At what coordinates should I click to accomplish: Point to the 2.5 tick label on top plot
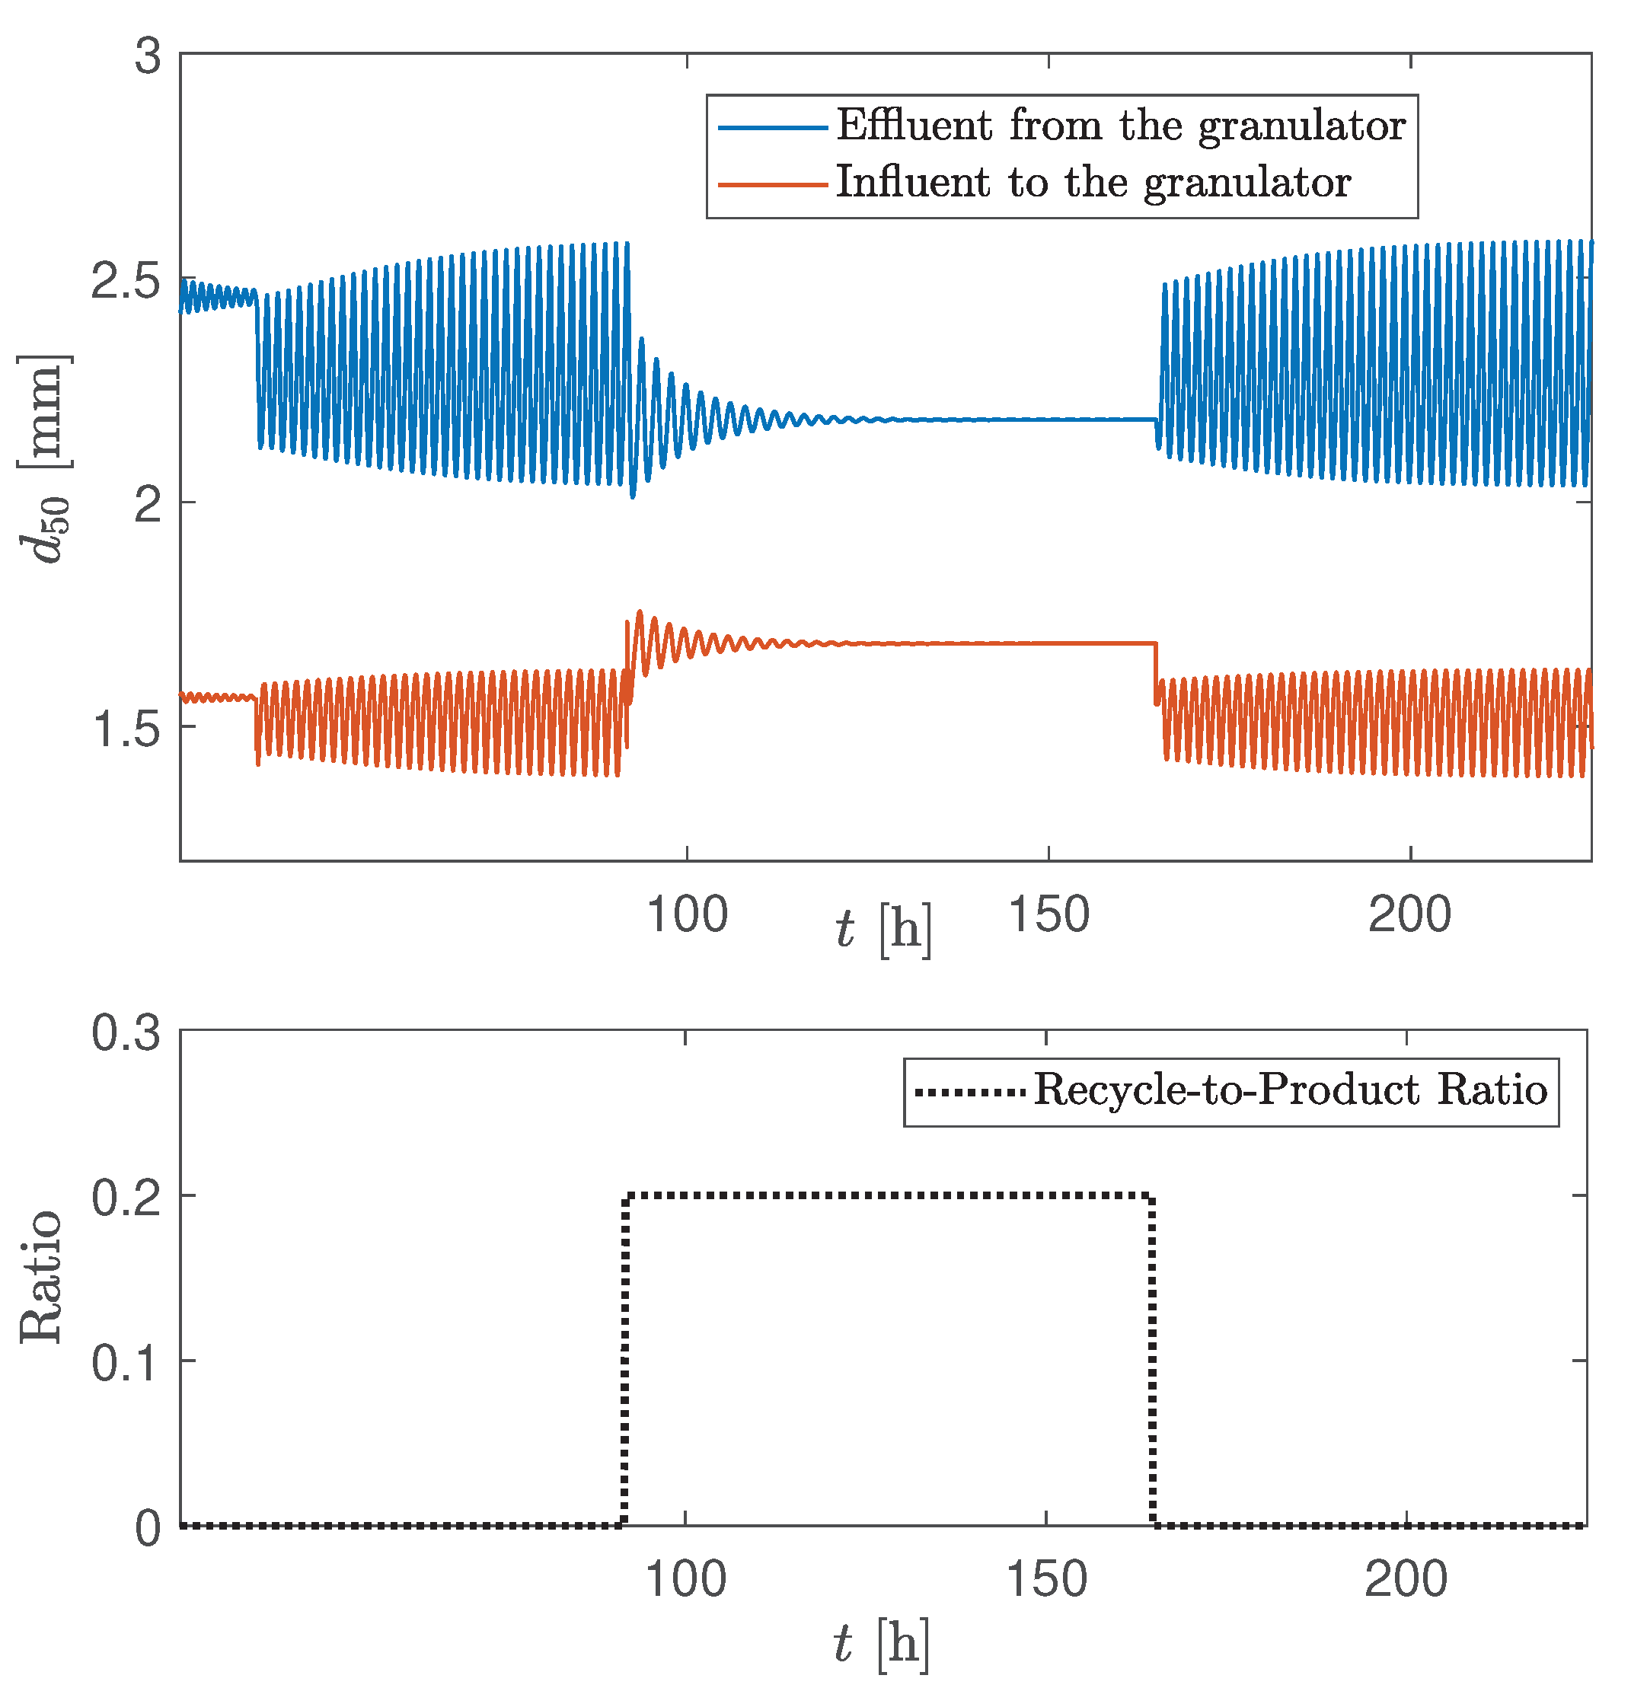126,282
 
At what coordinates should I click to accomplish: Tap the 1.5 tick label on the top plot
126,729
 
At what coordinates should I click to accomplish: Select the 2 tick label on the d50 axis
148,505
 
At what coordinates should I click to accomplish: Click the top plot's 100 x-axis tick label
686,914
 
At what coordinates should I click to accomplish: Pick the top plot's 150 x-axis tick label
1048,914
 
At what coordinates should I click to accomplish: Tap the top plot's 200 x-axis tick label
1409,914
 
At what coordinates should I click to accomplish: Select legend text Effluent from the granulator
1120,126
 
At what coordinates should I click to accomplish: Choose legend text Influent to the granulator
1093,183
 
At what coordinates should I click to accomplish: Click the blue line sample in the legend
772,127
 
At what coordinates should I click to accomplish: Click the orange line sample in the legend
772,184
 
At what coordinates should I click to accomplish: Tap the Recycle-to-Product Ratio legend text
1290,1090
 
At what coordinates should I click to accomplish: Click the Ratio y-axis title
41,1277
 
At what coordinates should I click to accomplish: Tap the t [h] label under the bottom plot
881,1643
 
